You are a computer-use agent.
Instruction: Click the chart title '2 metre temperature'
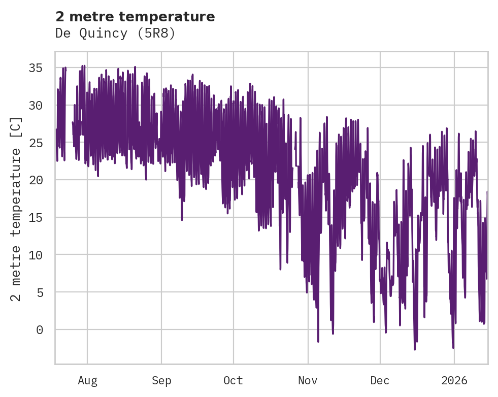(x=135, y=17)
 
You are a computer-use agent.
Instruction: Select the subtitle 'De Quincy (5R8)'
(x=115, y=34)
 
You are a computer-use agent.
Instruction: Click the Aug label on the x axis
(x=87, y=381)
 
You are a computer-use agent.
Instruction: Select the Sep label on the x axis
(x=161, y=381)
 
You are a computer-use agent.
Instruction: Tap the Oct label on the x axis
(x=234, y=381)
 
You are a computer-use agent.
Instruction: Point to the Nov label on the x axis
(x=308, y=381)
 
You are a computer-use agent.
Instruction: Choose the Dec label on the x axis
(x=380, y=381)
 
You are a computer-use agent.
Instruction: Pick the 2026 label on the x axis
(x=454, y=381)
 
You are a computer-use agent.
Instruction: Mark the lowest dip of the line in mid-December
(x=415, y=349)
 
